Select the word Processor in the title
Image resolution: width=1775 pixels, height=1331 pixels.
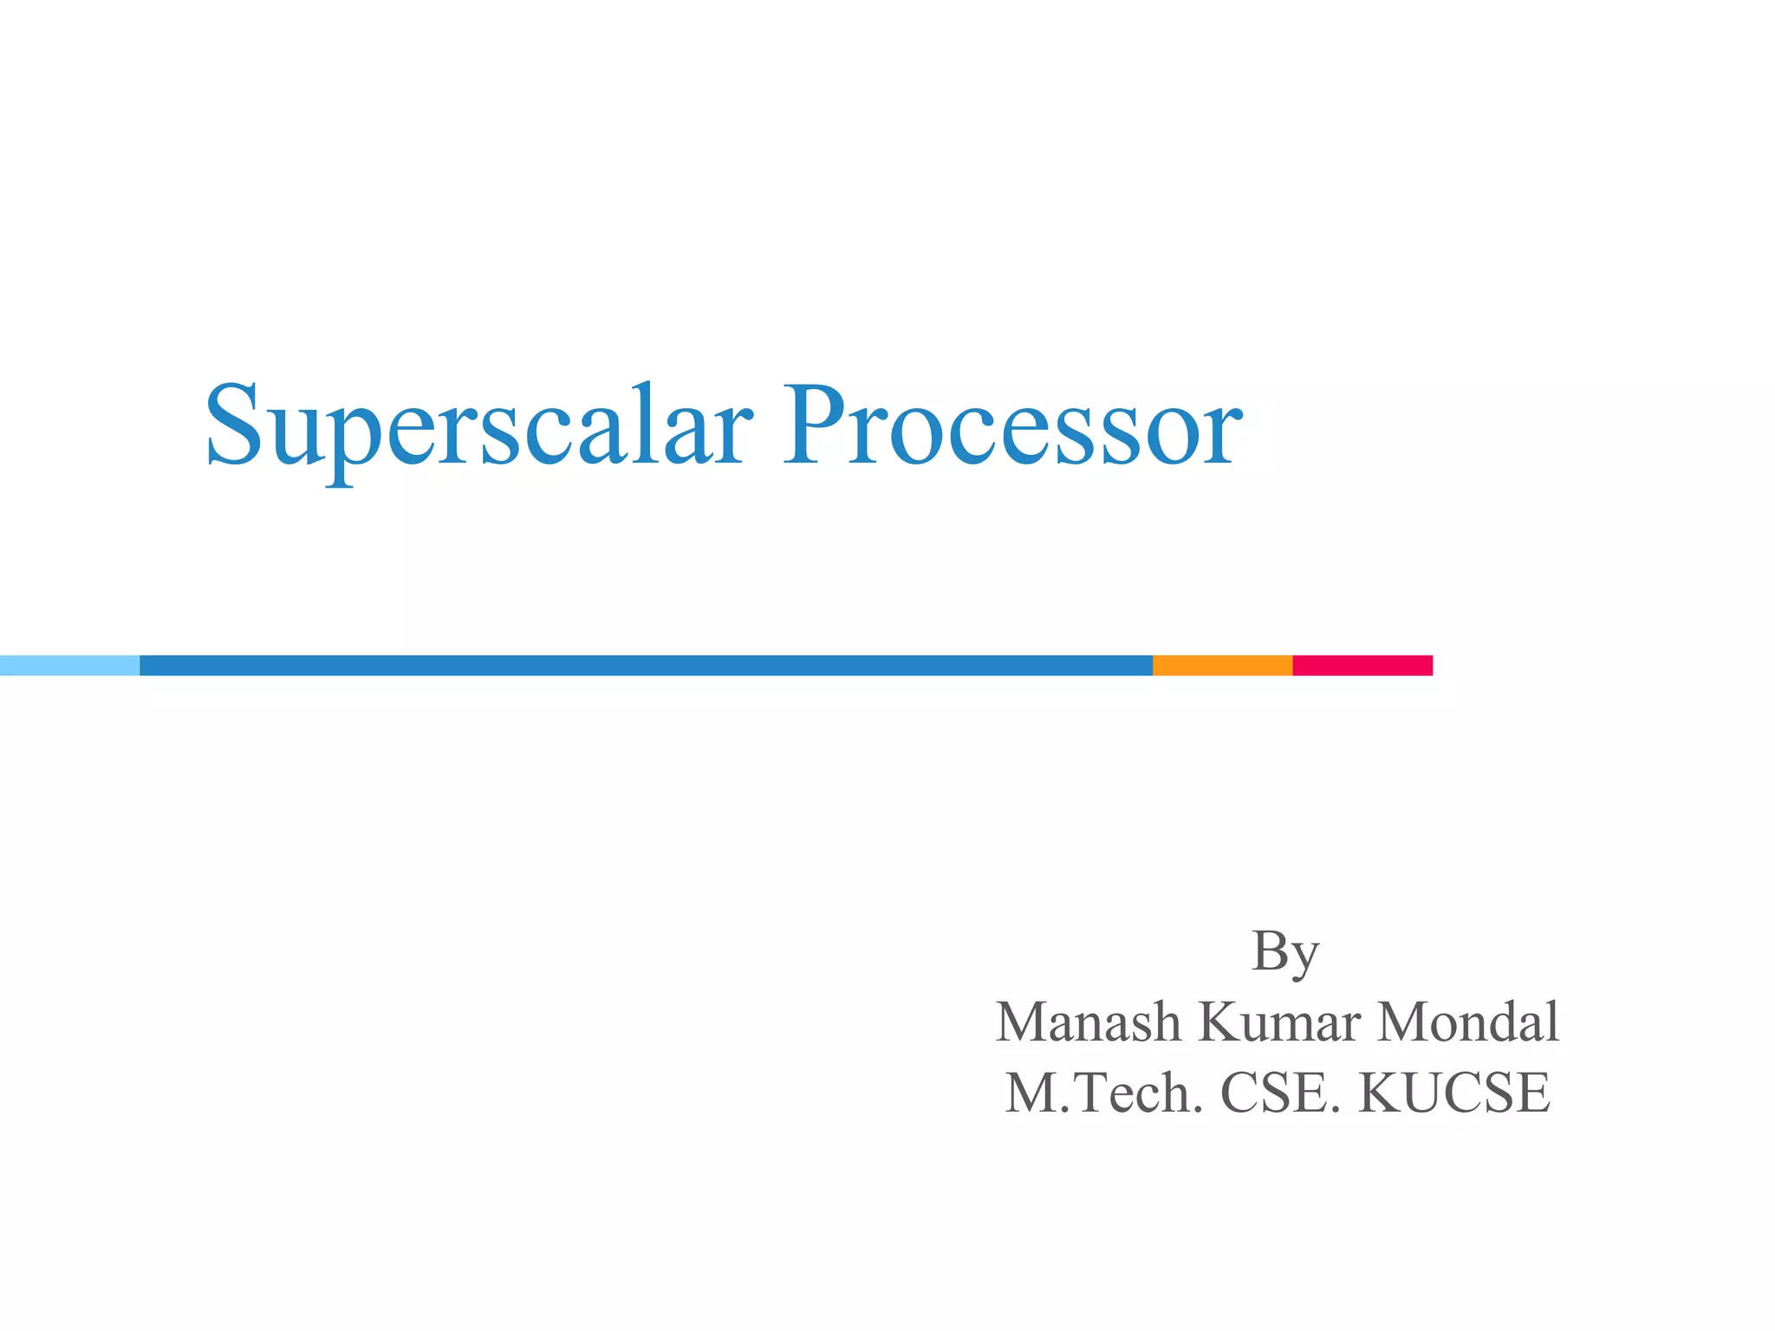tap(1012, 426)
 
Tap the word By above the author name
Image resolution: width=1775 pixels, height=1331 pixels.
tap(1285, 953)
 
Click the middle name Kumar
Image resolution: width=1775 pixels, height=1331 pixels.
tap(1279, 1023)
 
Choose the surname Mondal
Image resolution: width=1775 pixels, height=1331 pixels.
tap(1468, 1023)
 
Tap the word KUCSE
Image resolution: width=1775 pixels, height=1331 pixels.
tap(1454, 1094)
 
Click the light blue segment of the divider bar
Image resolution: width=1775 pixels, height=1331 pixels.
tap(69, 665)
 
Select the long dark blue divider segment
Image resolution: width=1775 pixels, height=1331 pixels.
tap(646, 665)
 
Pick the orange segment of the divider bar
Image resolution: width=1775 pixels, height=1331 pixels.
tap(1222, 665)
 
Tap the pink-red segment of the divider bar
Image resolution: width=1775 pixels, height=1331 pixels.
tap(1362, 665)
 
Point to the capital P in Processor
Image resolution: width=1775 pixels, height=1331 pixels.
tap(812, 425)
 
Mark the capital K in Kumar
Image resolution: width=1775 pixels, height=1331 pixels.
tap(1219, 1023)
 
